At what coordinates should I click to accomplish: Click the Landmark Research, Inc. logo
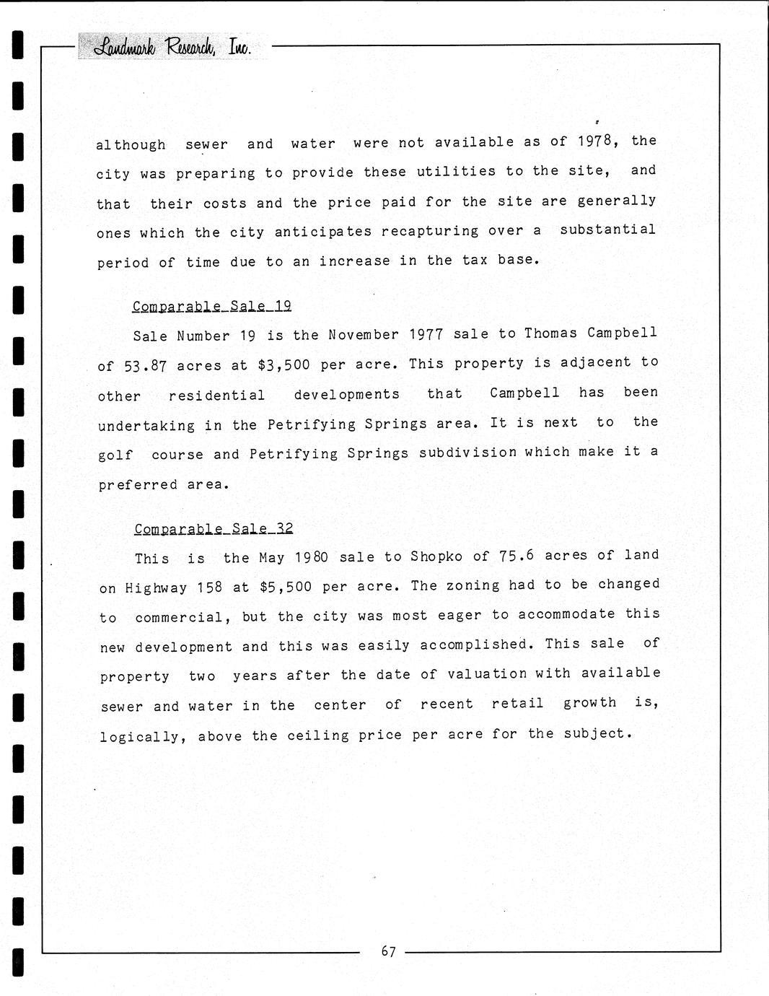point(172,48)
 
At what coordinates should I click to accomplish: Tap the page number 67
point(388,951)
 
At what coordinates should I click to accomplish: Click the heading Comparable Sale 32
point(214,528)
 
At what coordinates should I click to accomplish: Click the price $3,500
point(284,364)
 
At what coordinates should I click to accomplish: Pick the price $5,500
point(286,587)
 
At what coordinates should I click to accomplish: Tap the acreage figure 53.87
point(146,366)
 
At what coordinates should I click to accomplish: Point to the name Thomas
point(550,333)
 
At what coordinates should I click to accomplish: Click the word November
point(364,334)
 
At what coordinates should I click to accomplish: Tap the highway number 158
point(209,587)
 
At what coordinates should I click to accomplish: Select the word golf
point(115,455)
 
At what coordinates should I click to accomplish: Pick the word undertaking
point(146,426)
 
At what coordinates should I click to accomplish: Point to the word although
point(131,144)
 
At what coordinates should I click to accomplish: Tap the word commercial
point(183,617)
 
